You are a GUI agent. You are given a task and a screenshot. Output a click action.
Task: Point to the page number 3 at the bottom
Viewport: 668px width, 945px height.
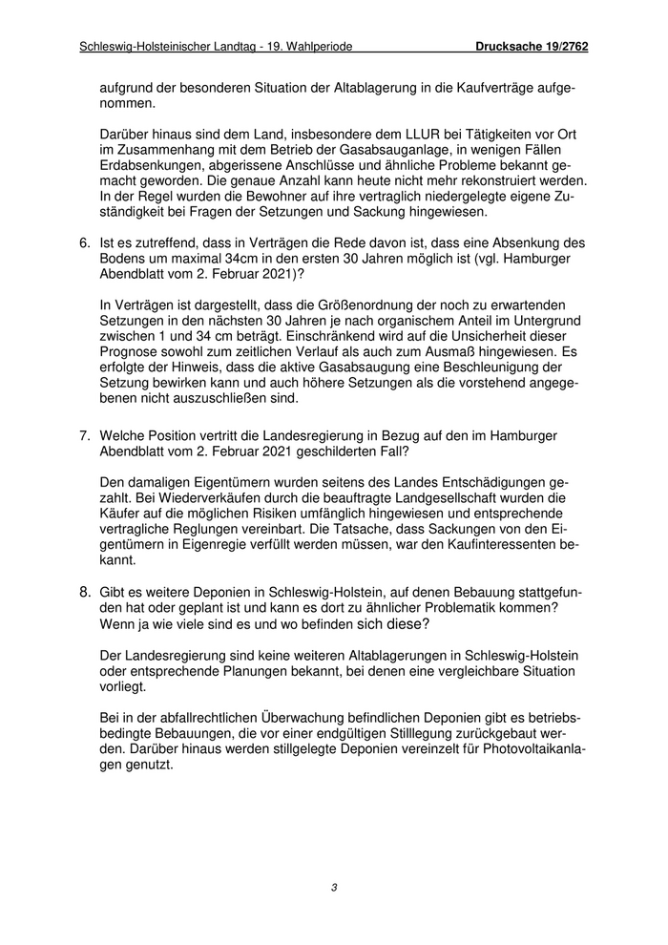click(x=334, y=888)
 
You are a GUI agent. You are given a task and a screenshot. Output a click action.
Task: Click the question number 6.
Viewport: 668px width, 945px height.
click(x=84, y=244)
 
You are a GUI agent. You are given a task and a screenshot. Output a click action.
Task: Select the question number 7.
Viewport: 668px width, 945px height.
click(x=84, y=436)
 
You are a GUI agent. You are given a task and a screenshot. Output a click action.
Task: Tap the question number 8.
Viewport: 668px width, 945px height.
click(x=84, y=594)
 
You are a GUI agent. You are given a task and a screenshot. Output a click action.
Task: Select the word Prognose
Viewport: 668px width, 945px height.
click(x=131, y=352)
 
